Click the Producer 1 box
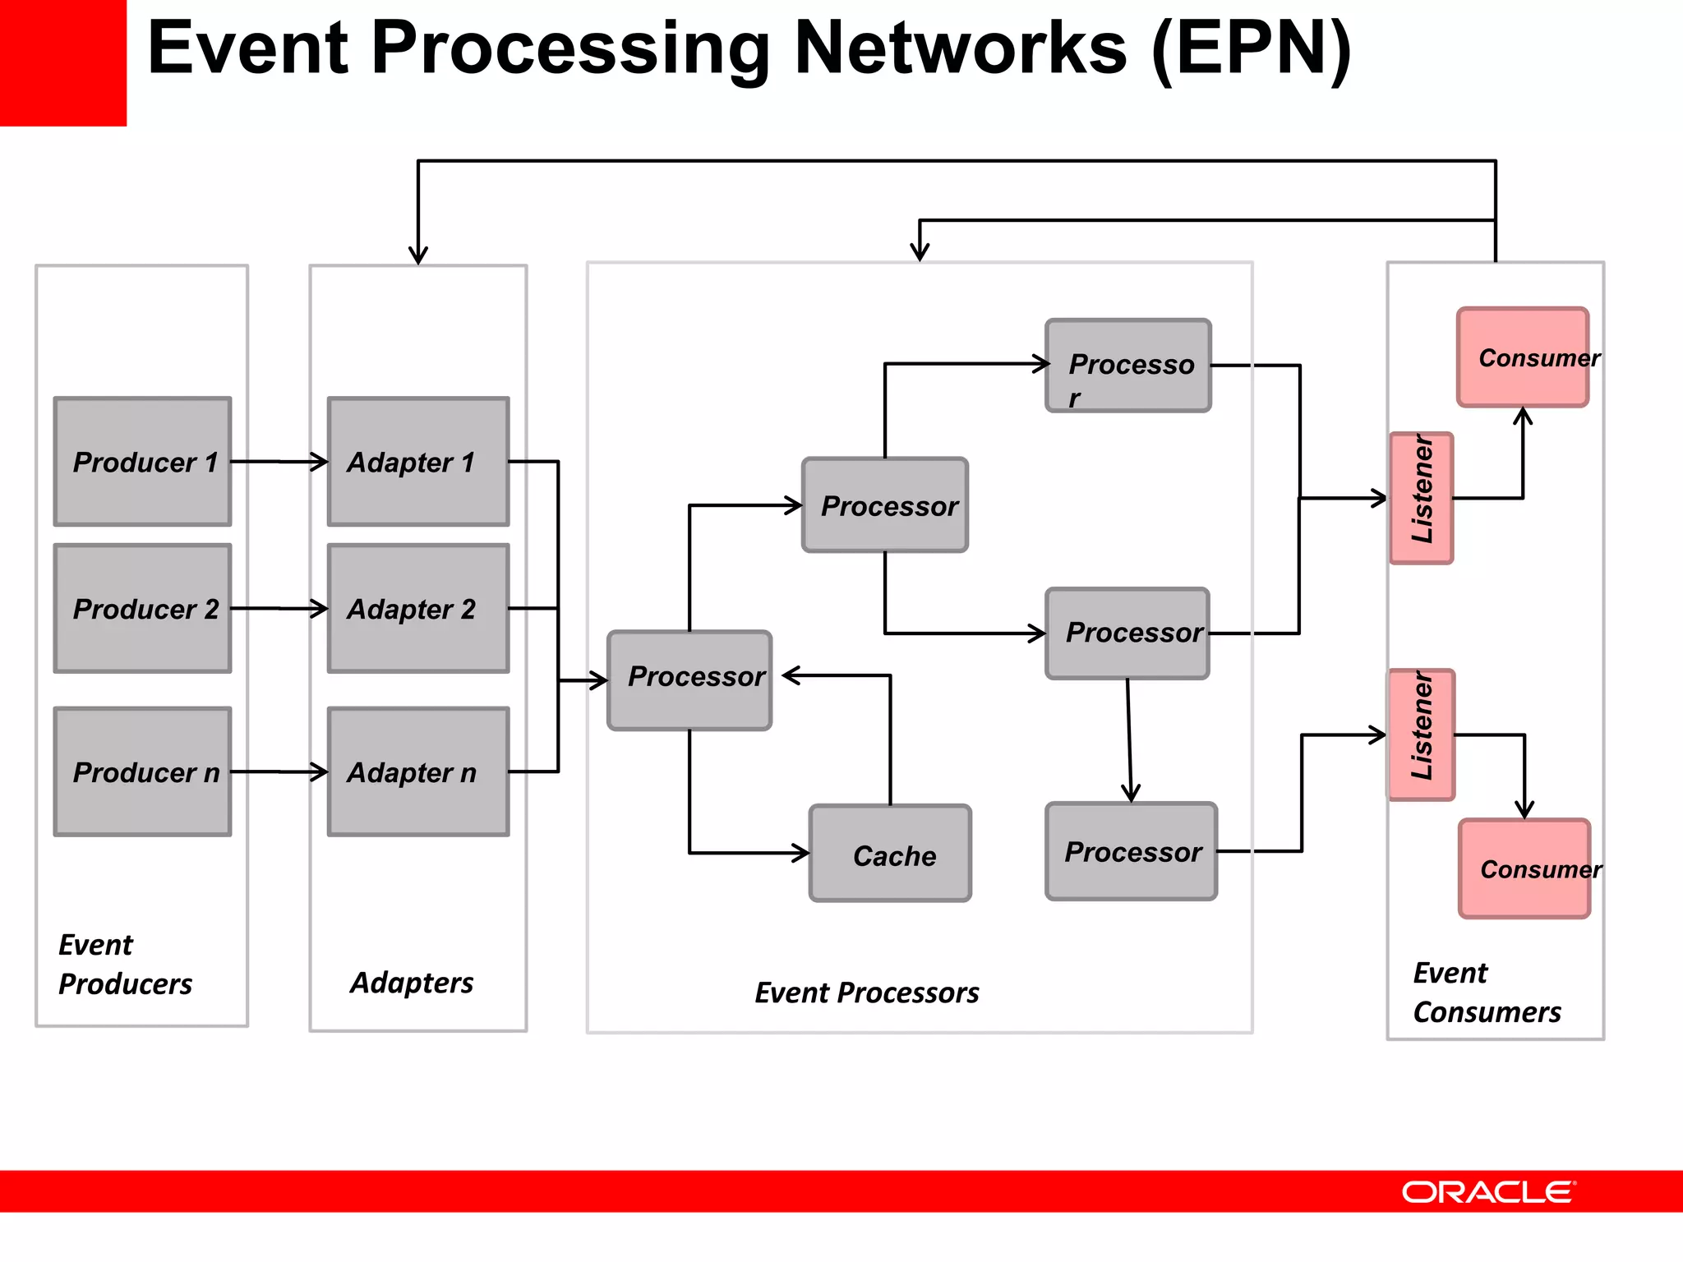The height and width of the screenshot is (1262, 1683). (x=142, y=462)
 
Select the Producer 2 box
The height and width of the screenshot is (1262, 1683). (x=142, y=609)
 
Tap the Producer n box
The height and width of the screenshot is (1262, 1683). (x=142, y=771)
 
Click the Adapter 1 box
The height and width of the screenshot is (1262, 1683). (x=417, y=462)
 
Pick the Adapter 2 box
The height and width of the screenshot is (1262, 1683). (x=417, y=609)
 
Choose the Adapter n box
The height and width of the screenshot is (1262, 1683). (x=417, y=771)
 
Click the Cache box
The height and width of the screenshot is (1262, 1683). (x=890, y=854)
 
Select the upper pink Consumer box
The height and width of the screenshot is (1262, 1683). (x=1523, y=357)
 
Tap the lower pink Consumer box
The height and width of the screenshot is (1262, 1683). (x=1524, y=868)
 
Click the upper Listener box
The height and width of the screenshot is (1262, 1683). (x=1422, y=498)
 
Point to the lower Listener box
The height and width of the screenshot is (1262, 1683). (x=1422, y=735)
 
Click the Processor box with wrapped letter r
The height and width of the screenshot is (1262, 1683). (x=1128, y=366)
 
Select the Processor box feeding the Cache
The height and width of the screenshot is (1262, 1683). (x=689, y=680)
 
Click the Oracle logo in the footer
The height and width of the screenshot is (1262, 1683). (x=1488, y=1192)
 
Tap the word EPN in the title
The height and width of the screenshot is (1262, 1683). (x=1251, y=49)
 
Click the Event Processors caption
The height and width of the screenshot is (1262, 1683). (x=867, y=993)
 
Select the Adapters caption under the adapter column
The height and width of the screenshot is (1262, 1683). (x=412, y=983)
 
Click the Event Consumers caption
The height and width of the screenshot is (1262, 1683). (x=1486, y=993)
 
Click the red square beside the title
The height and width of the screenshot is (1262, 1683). (x=62, y=62)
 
